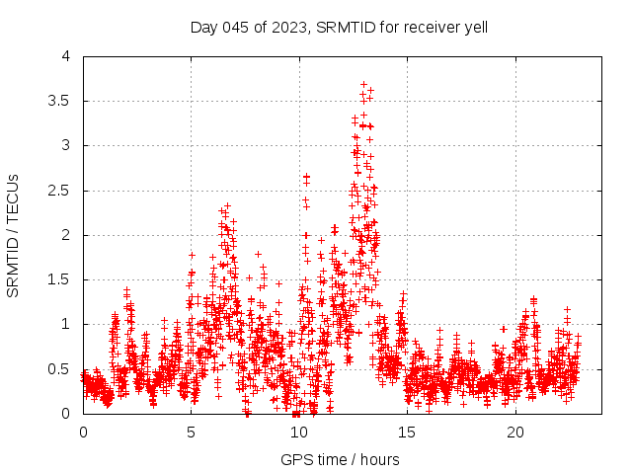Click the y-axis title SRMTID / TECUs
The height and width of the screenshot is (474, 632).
coord(13,235)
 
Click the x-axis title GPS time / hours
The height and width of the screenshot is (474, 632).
coord(340,459)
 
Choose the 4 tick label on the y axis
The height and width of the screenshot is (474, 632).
coord(66,56)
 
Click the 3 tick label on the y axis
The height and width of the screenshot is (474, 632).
coord(66,145)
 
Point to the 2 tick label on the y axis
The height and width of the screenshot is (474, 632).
coord(66,235)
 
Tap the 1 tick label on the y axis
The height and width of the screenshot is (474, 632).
coord(66,324)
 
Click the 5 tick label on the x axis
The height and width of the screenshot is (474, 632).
coord(191,433)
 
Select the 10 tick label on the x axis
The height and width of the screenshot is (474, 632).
coord(299,433)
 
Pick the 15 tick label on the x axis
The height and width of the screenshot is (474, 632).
coord(407,433)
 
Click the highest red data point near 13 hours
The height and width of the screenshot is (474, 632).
coord(363,84)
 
